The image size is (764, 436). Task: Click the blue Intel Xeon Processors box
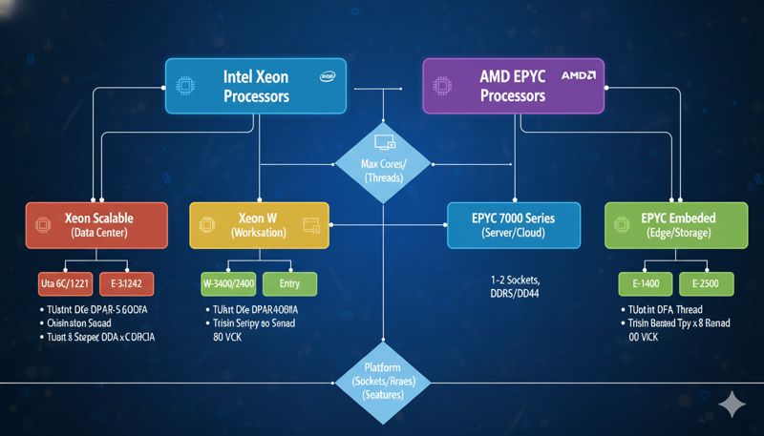coord(256,85)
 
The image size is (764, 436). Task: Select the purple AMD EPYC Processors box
coord(514,85)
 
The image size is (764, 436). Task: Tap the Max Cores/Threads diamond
coord(382,162)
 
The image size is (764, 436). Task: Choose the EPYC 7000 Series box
coord(514,226)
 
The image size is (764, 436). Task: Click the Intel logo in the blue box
coord(327,75)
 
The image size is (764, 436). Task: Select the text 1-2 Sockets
coord(515,280)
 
